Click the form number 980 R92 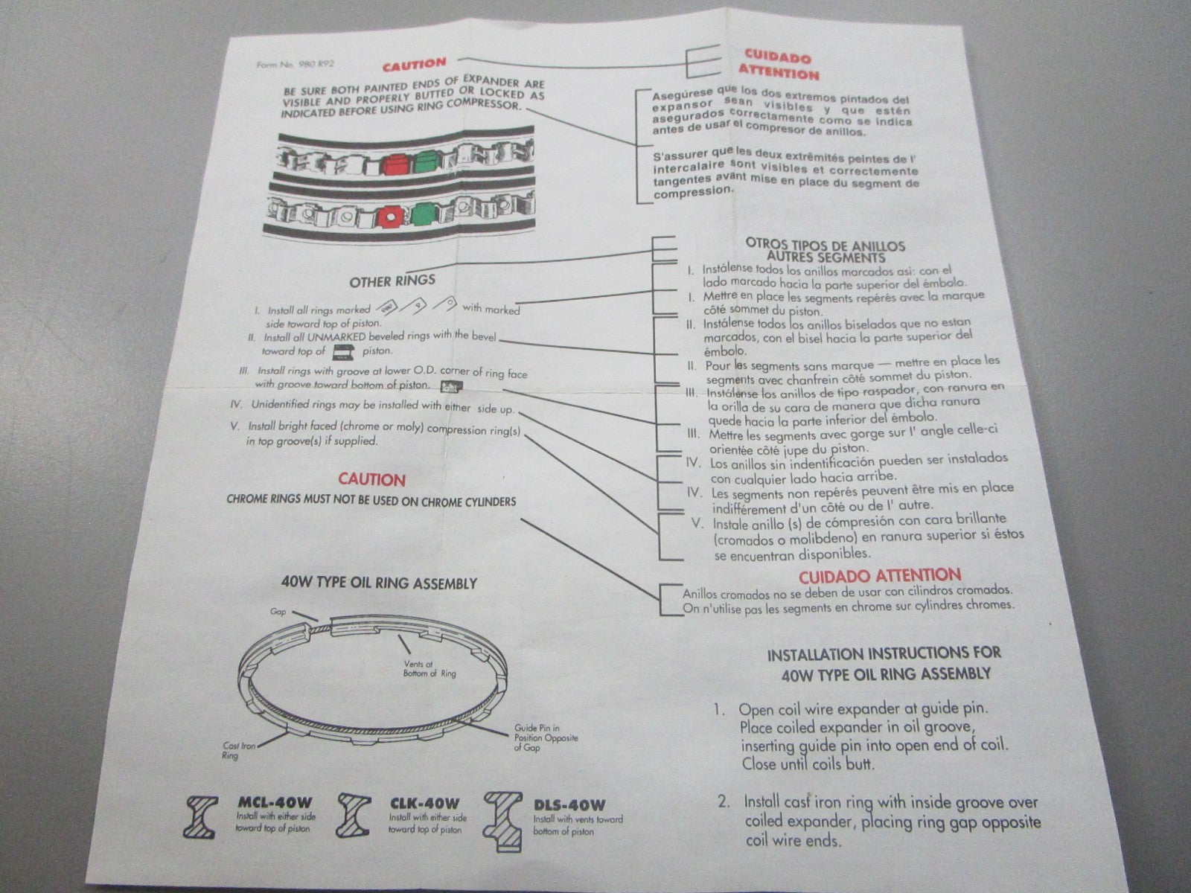[316, 64]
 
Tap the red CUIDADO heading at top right [778, 57]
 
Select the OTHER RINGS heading [392, 281]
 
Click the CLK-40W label [425, 803]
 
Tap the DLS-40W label [569, 805]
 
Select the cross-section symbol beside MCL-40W [201, 817]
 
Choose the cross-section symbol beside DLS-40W [504, 820]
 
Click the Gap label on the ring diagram [278, 612]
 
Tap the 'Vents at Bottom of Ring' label [430, 668]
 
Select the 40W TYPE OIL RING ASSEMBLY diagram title [379, 583]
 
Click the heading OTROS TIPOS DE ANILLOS [826, 245]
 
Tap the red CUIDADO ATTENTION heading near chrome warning [880, 576]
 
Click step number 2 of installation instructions [723, 801]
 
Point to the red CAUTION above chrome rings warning [371, 479]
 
